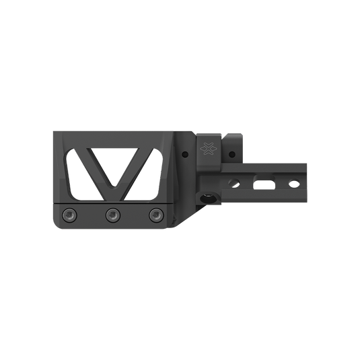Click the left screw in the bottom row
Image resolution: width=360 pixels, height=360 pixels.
click(x=69, y=215)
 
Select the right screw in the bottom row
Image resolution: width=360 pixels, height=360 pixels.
click(x=155, y=215)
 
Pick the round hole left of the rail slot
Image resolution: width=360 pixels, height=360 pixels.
click(x=234, y=182)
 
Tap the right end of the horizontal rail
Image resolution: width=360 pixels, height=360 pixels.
click(x=307, y=183)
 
